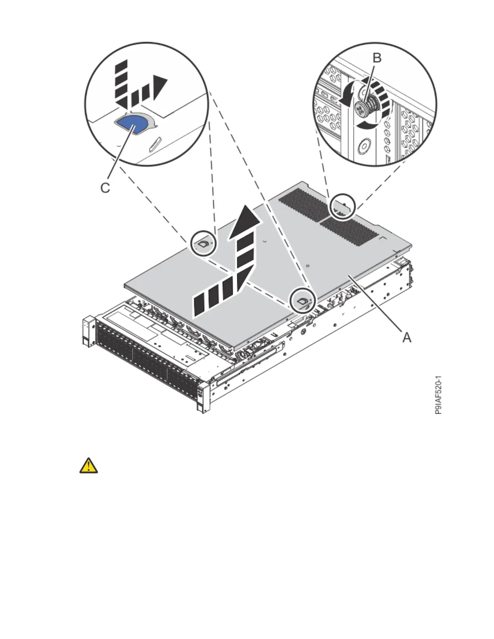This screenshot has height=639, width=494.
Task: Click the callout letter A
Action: point(406,337)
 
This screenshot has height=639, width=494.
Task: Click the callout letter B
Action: point(376,58)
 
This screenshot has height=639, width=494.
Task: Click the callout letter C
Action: point(105,188)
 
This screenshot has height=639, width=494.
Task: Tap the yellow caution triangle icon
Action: point(89,466)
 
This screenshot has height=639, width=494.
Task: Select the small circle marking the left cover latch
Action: point(203,244)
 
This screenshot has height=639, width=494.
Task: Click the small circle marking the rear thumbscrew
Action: point(343,207)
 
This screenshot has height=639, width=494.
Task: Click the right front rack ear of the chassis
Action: point(202,397)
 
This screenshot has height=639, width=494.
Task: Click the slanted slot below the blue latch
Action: point(155,143)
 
